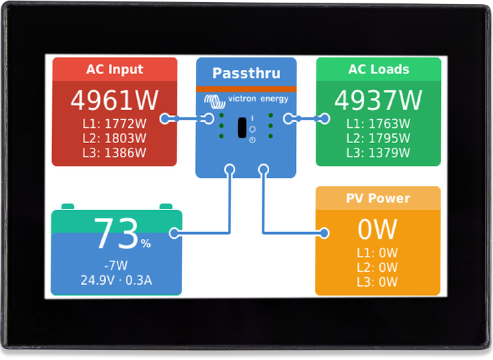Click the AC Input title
(x=114, y=69)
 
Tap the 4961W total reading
(x=114, y=101)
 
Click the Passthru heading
(x=246, y=73)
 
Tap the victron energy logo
(x=246, y=100)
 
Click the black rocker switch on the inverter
(x=242, y=128)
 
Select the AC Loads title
(x=378, y=69)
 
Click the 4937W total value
(x=378, y=101)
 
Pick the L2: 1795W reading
(x=378, y=138)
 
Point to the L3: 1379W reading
(x=378, y=153)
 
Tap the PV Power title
(x=377, y=198)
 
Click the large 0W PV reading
(x=377, y=228)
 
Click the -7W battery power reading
(x=116, y=266)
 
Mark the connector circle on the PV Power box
(x=324, y=233)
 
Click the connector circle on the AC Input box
(x=164, y=118)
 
